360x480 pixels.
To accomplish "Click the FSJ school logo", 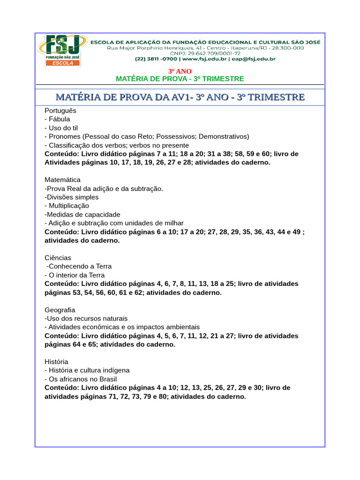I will coord(62,50).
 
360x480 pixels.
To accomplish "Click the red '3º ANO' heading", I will coord(180,71).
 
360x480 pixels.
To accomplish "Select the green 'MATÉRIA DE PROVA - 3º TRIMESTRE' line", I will coord(180,79).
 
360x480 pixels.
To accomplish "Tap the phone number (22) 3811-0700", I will coord(156,59).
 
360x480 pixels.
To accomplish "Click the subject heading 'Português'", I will coord(60,111).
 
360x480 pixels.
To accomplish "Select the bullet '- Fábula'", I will coord(57,119).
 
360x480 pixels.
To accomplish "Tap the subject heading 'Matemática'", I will coord(62,180).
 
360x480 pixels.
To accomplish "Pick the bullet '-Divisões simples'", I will coord(72,197).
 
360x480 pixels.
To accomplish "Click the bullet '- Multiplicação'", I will coord(67,205).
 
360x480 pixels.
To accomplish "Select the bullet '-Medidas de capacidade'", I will coord(82,214).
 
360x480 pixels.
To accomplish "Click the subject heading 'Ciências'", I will coord(58,257).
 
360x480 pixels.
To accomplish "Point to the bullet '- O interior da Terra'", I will coord(75,275).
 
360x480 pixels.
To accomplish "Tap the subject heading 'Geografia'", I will coord(60,310).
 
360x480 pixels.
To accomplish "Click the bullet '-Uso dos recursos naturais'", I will coord(80,318).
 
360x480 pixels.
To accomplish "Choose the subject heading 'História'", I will coord(56,361).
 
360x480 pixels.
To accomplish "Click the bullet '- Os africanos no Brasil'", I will coord(81,379).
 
